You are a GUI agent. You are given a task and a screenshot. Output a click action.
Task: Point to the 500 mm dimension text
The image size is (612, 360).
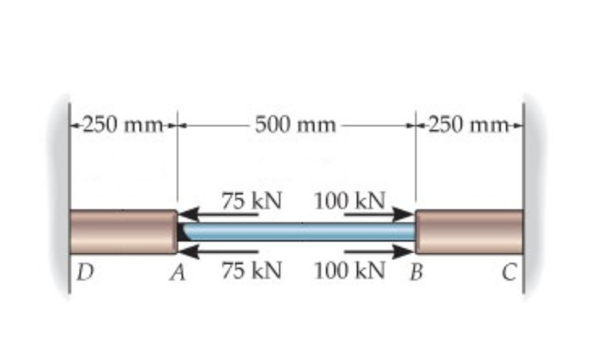(295, 125)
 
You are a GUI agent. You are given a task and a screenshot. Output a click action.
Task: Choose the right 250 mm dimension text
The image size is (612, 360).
(471, 125)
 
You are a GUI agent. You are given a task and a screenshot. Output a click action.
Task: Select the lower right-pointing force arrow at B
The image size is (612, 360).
(378, 251)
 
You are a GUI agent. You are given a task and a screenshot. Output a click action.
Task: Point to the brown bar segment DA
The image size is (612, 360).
(122, 232)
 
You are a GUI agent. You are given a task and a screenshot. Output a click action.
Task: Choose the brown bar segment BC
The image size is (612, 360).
(469, 232)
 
